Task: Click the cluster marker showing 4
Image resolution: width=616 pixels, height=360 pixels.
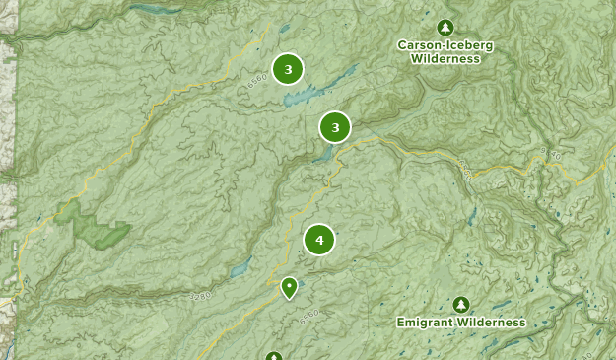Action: point(319,240)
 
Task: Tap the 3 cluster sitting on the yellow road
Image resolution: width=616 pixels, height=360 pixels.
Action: point(335,127)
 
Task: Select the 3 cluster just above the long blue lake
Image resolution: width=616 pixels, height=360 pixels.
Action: point(288,69)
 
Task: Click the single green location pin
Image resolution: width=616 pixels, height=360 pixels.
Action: point(289,287)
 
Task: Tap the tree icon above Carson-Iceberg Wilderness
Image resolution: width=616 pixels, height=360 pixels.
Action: point(445,27)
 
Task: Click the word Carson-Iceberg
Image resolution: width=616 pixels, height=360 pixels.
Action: point(445,44)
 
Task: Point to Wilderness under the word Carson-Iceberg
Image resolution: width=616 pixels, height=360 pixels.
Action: point(445,58)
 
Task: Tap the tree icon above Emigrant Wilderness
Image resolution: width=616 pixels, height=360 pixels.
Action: point(461,304)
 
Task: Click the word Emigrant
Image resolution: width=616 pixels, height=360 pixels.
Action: point(426,323)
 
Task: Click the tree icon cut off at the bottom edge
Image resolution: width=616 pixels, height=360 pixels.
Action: point(274,356)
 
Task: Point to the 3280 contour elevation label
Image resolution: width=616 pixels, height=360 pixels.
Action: point(197,295)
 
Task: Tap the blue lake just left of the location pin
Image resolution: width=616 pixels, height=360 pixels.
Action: point(240,269)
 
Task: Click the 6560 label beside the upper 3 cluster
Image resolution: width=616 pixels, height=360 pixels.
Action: point(257,78)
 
